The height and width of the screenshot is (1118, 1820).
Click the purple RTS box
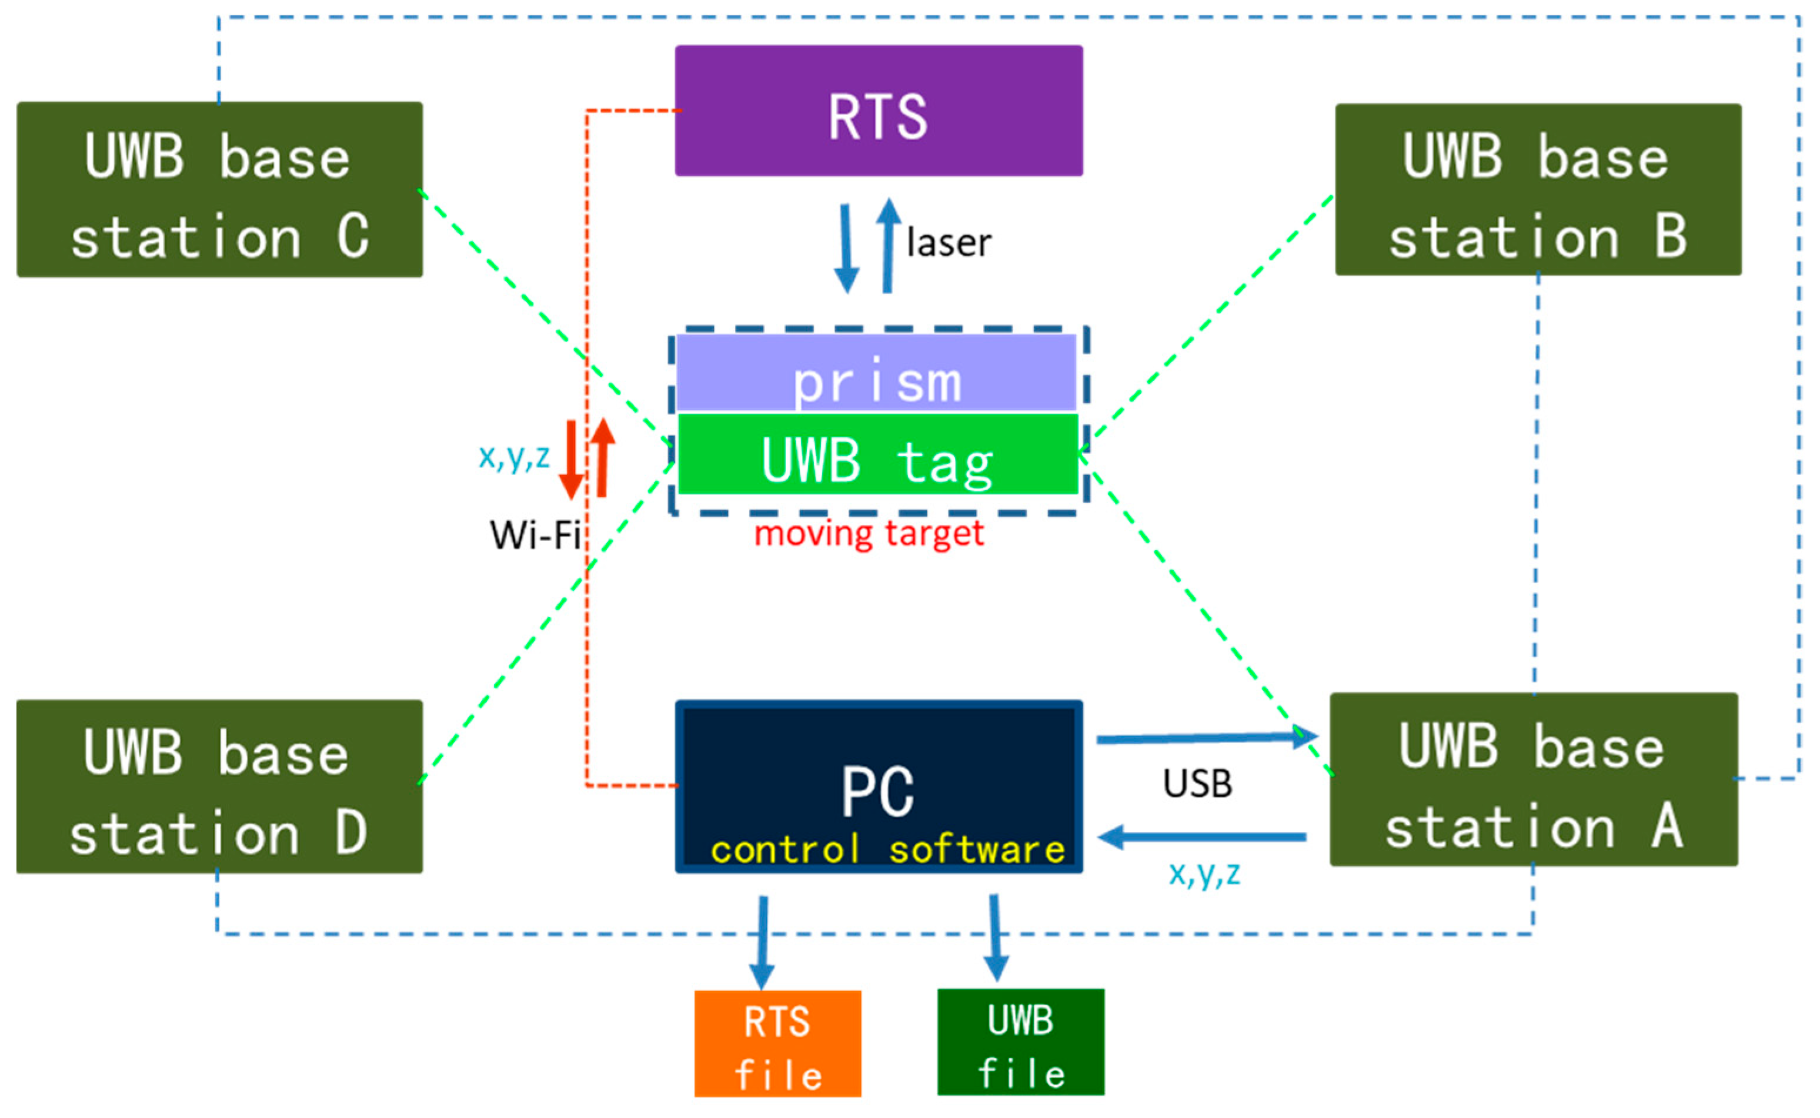tap(879, 111)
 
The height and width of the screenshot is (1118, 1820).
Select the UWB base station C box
tap(220, 190)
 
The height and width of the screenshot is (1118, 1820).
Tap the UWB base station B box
tap(1538, 190)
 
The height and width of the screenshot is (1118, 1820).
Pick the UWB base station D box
tap(220, 786)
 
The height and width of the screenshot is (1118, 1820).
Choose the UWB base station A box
tap(1533, 780)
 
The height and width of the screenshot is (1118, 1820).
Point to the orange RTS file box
tap(777, 1043)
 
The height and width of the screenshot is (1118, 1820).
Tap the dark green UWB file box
tap(1021, 1042)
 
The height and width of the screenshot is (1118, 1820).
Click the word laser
tap(949, 243)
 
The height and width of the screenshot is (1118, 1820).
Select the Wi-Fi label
tap(534, 534)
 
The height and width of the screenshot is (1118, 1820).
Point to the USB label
tap(1197, 784)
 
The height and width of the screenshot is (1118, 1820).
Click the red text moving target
tap(869, 533)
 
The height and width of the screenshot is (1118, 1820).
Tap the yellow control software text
tap(887, 849)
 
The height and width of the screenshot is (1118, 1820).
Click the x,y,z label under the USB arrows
tap(1204, 873)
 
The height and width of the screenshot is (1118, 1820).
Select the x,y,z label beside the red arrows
tap(514, 456)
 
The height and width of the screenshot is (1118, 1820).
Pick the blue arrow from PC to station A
tap(1205, 738)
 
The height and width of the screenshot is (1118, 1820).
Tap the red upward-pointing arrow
tap(603, 457)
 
